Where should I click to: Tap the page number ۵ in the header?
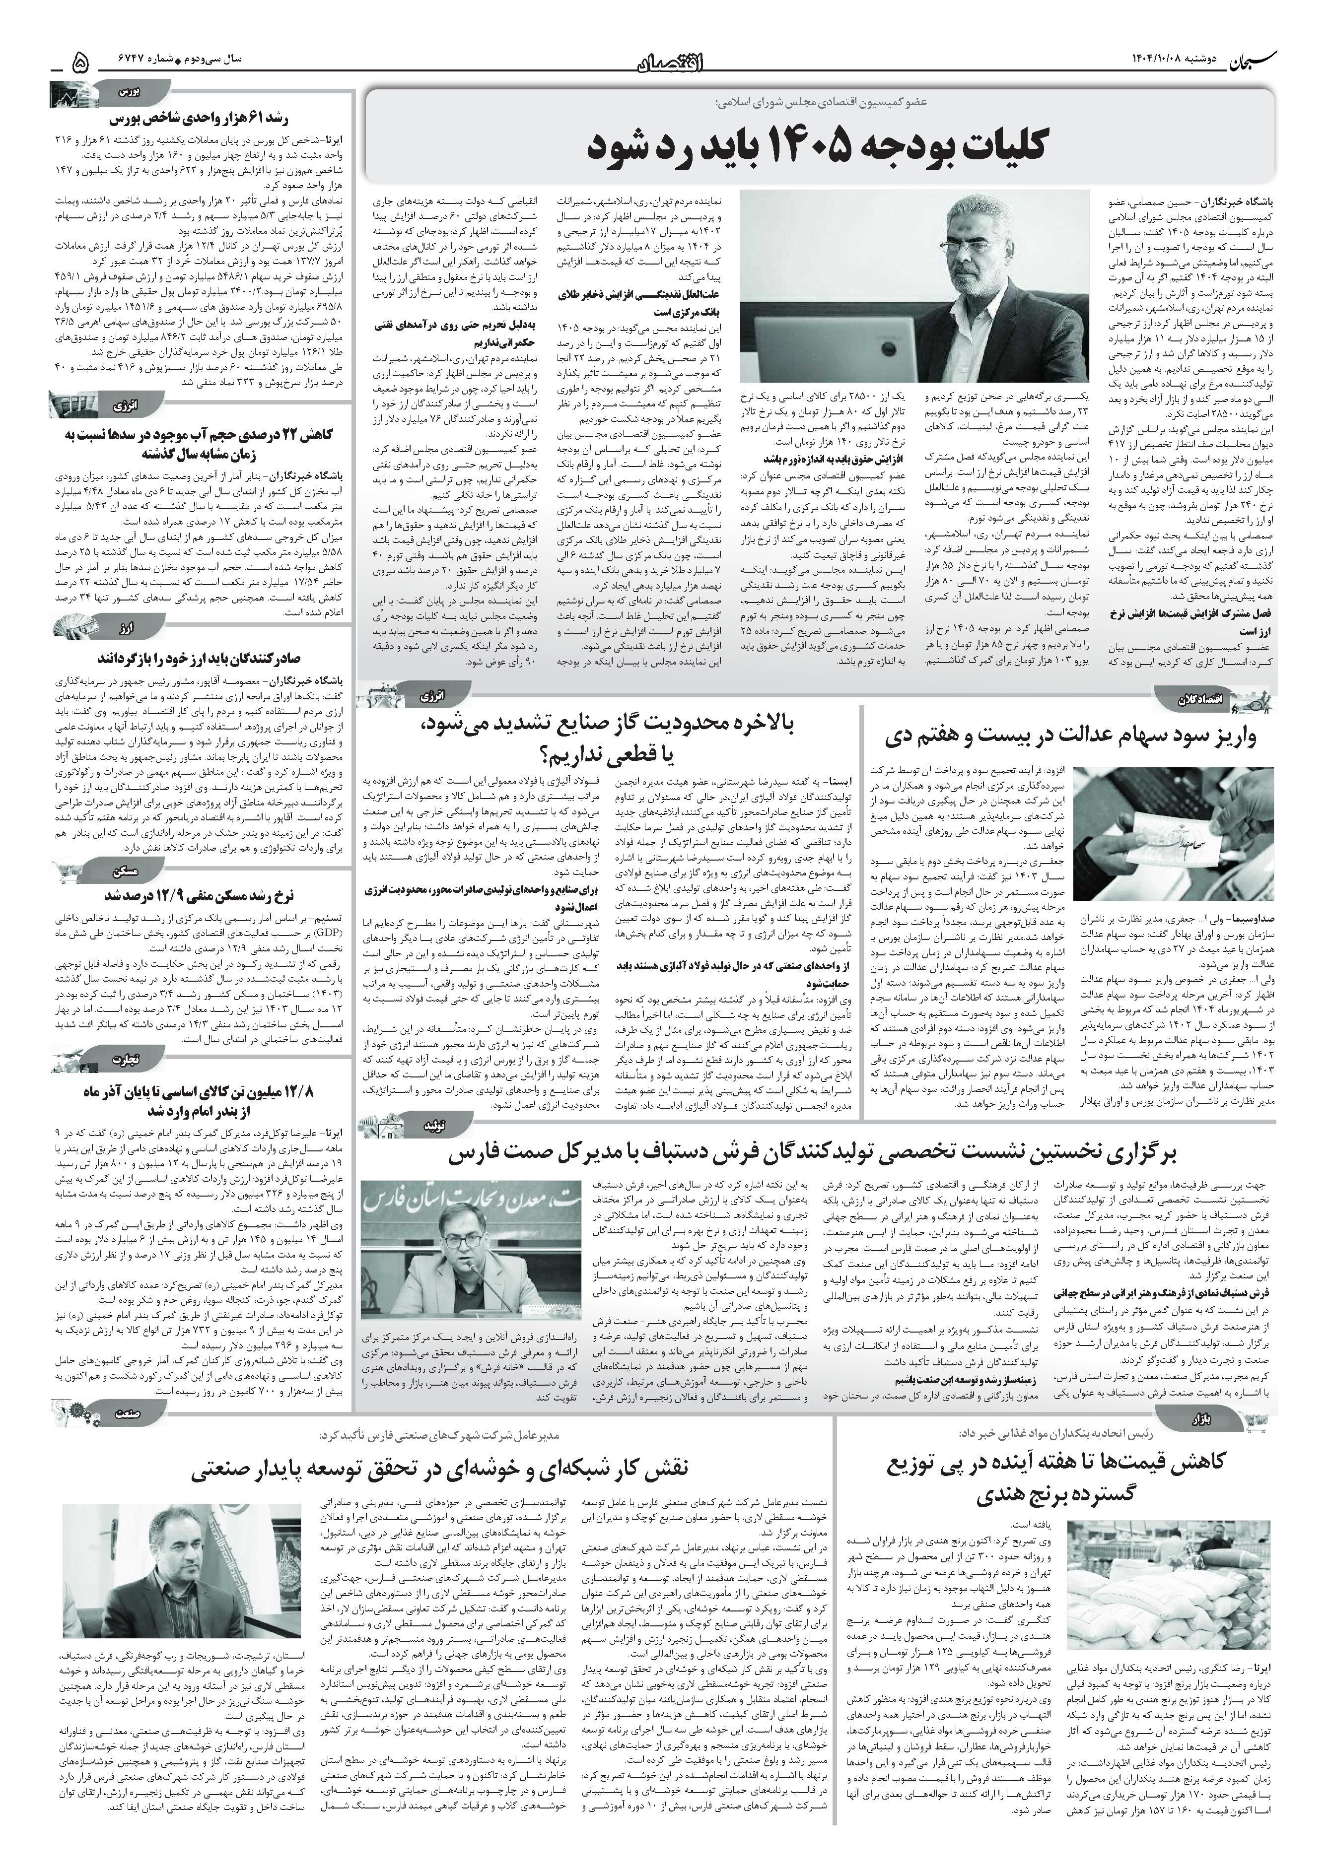(80, 62)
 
